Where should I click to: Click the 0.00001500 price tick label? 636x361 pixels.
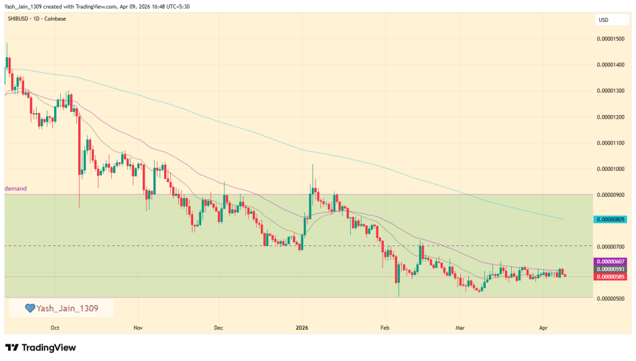[610, 39]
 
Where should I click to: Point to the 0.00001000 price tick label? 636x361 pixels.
[610, 168]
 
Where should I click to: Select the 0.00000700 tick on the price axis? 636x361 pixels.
[610, 247]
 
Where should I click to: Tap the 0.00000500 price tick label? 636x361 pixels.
[610, 299]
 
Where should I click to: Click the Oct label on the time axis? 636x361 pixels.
[55, 327]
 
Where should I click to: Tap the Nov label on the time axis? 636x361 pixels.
[138, 327]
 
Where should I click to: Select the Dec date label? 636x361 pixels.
[218, 327]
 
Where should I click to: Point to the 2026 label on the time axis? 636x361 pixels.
[302, 327]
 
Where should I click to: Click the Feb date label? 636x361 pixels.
[384, 327]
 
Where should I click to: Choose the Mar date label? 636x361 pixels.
[460, 327]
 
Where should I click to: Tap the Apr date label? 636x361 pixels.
[543, 327]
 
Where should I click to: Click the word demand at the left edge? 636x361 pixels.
[16, 188]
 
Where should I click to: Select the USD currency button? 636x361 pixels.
[603, 21]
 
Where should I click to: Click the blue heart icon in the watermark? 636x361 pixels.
[29, 308]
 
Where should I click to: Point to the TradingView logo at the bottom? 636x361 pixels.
[40, 348]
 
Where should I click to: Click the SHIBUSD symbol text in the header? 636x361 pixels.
[17, 19]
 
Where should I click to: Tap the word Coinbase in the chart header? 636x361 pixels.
[55, 19]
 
